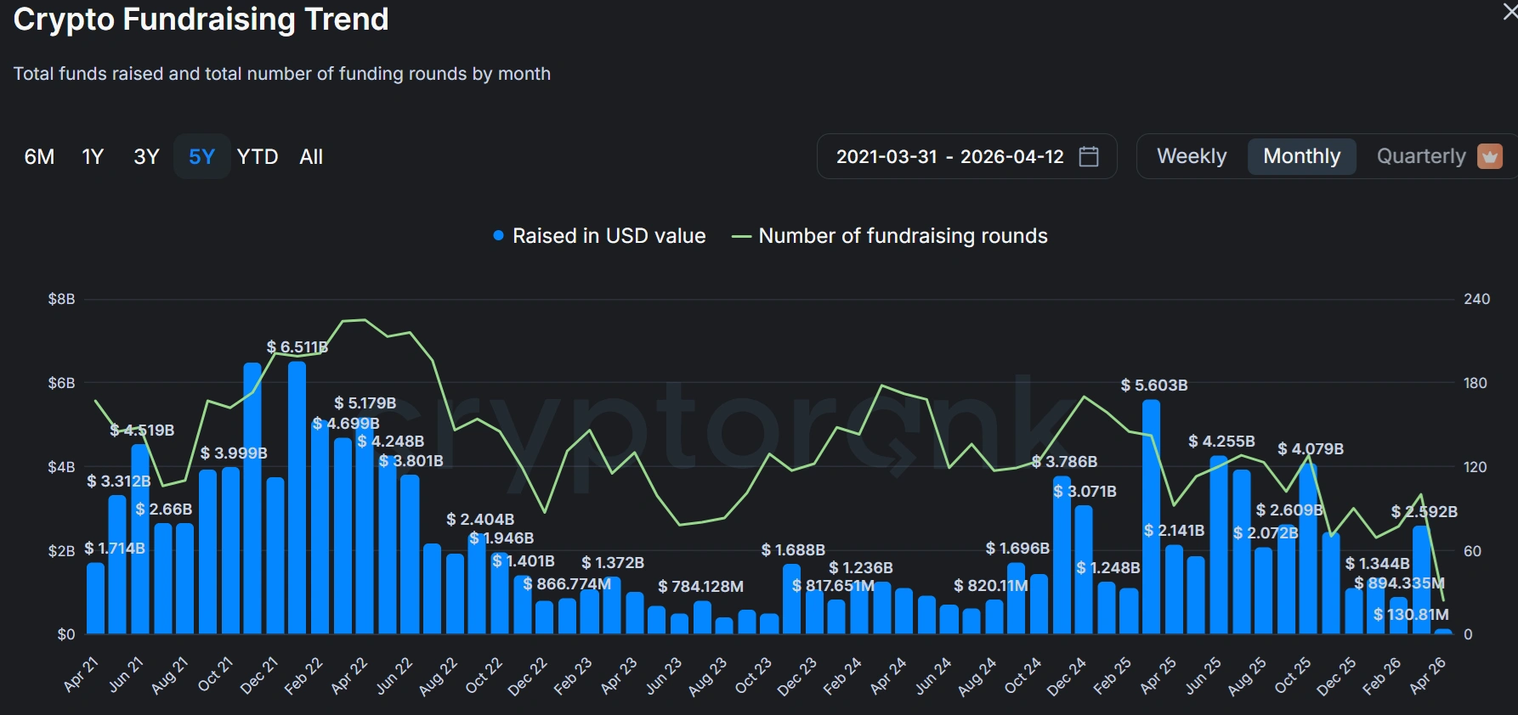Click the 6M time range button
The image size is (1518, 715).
tap(39, 157)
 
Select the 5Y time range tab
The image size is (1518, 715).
tap(201, 157)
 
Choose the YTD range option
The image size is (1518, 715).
tap(258, 157)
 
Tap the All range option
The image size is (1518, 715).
tap(311, 157)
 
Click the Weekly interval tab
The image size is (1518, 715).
tap(1192, 156)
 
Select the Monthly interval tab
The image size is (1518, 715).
tap(1301, 156)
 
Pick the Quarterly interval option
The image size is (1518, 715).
tap(1421, 156)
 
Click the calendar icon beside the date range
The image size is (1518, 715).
tap(1089, 156)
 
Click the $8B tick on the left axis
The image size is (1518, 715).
tap(61, 299)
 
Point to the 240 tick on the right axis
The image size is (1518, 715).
tap(1476, 299)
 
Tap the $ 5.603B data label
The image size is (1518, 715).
tap(1154, 386)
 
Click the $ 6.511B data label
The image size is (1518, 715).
tap(297, 346)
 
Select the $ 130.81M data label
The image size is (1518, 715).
tap(1411, 614)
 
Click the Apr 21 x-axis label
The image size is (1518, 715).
tap(82, 675)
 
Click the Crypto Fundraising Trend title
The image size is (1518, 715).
tap(201, 19)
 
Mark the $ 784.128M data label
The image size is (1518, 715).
tap(700, 586)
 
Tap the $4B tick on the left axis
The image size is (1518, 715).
tap(61, 467)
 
